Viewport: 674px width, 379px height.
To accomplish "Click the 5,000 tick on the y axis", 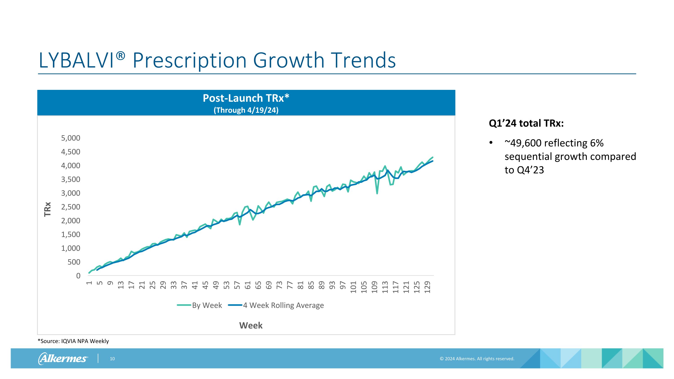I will click(x=71, y=138).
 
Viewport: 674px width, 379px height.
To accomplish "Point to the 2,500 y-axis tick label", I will click(x=71, y=207).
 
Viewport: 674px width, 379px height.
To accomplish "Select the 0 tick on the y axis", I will click(x=78, y=276).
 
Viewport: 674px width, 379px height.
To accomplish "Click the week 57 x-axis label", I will click(x=237, y=285).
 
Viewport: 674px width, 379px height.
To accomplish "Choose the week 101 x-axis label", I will click(x=353, y=287).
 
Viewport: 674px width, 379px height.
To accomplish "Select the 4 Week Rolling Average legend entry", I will click(x=276, y=305).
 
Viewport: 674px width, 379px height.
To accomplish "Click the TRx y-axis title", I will click(x=47, y=209).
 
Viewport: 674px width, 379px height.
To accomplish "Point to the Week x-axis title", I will click(x=251, y=325).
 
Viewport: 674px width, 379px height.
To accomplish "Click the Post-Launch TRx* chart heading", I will click(x=246, y=98).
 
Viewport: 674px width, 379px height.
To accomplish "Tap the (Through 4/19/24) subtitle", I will click(x=246, y=110).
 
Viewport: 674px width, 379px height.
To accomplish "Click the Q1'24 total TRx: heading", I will click(x=526, y=123).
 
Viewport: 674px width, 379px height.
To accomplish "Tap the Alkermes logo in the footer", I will click(x=63, y=358).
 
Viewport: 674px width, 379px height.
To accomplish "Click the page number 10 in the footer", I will click(x=112, y=359).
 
